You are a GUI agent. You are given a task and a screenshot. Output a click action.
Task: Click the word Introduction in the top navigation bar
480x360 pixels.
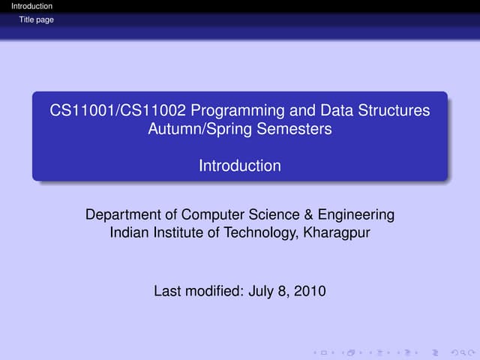tap(27, 7)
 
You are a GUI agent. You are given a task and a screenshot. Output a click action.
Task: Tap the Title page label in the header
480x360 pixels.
tap(37, 19)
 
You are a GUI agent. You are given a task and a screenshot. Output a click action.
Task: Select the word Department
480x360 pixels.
tap(124, 215)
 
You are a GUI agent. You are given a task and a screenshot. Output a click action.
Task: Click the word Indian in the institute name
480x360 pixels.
tap(129, 233)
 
